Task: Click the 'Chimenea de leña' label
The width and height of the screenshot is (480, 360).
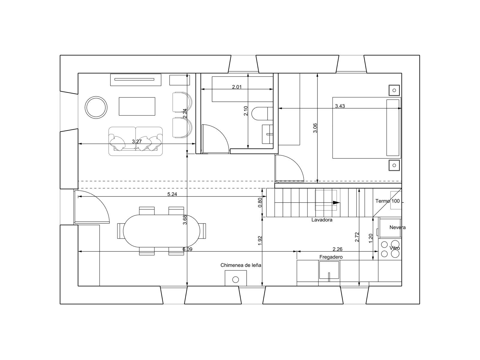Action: (241, 265)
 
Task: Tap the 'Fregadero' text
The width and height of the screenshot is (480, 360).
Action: (331, 257)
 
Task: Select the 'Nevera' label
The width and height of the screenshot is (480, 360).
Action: (397, 227)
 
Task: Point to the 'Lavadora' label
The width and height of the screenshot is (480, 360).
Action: (322, 220)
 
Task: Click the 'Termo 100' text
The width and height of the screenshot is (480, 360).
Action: (388, 201)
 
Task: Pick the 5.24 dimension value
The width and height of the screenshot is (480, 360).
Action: (172, 194)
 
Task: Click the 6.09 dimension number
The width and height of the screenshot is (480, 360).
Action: (187, 249)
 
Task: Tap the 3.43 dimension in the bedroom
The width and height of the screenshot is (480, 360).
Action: (340, 106)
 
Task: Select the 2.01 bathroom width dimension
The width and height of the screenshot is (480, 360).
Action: (237, 87)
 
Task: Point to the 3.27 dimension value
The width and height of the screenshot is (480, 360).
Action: (137, 141)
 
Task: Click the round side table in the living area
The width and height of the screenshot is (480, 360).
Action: (96, 107)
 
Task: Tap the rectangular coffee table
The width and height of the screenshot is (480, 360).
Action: (137, 106)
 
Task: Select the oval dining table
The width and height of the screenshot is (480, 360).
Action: (161, 231)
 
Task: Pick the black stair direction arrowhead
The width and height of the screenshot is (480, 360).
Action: (336, 202)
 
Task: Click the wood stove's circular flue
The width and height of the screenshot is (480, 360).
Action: (235, 280)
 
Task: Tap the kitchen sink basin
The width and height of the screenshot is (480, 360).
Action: (329, 270)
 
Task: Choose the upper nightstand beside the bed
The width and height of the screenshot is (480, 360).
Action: (394, 90)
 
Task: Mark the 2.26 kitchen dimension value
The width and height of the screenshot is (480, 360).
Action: (337, 249)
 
